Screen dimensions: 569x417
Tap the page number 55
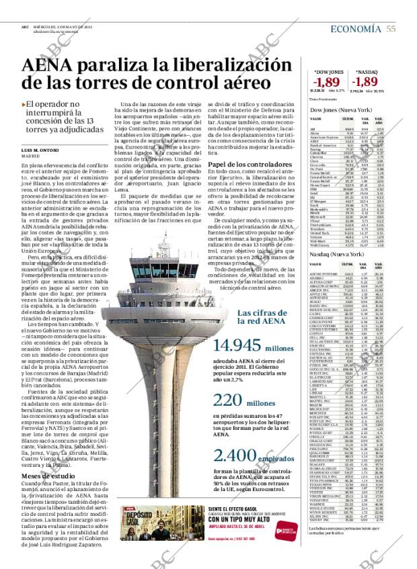390,29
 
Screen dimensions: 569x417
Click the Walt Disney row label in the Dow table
319,228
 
